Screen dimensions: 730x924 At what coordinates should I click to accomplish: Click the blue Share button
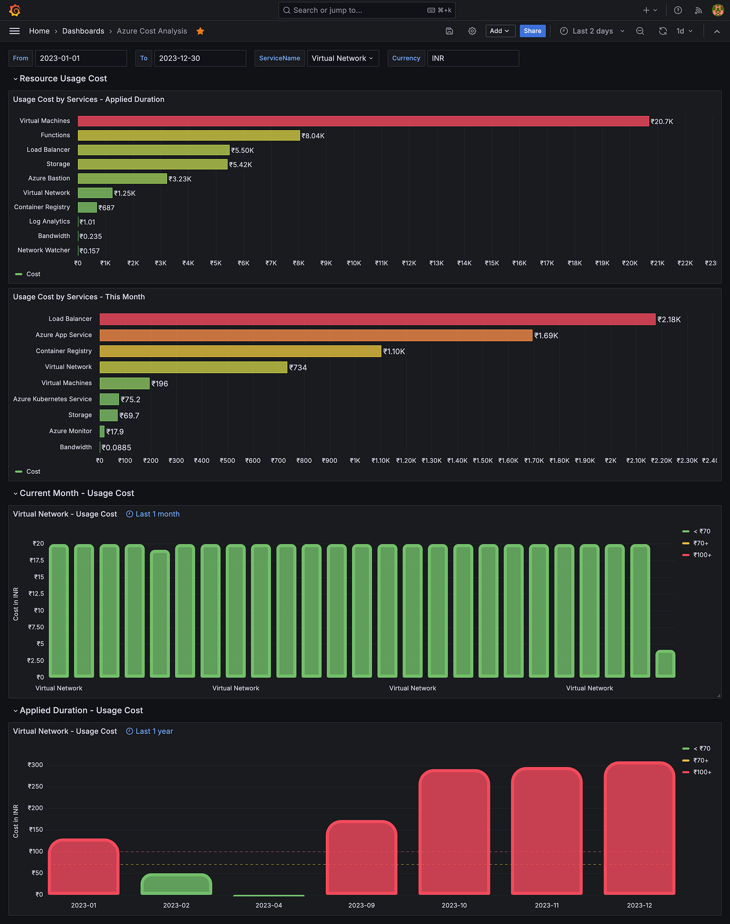532,31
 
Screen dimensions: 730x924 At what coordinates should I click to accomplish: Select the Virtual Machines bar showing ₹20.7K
363,121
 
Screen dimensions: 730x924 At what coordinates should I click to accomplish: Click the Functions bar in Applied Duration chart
189,136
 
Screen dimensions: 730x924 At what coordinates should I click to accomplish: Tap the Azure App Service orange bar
316,335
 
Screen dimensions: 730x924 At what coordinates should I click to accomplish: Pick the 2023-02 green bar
176,884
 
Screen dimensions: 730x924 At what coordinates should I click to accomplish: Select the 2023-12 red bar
639,828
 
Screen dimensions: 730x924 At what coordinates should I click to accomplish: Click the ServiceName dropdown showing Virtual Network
343,58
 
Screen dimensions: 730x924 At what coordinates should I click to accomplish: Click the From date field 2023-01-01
81,58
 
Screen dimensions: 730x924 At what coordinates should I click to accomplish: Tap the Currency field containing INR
473,58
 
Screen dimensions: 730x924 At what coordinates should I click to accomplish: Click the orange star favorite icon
200,31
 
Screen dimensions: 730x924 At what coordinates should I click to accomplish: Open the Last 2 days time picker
592,31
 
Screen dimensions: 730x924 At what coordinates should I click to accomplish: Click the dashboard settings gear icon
472,31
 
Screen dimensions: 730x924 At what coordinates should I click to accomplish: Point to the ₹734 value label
298,368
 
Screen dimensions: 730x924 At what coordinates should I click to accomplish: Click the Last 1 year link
154,731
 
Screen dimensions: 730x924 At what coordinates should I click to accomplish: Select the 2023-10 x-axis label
454,905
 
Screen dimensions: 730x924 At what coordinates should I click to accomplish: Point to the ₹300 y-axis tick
35,765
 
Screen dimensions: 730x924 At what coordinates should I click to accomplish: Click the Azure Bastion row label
49,178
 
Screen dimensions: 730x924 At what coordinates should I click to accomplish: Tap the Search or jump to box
367,10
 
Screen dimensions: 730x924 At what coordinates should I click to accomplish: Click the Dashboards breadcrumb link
83,31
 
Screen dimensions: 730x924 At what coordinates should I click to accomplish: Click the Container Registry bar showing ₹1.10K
240,351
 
